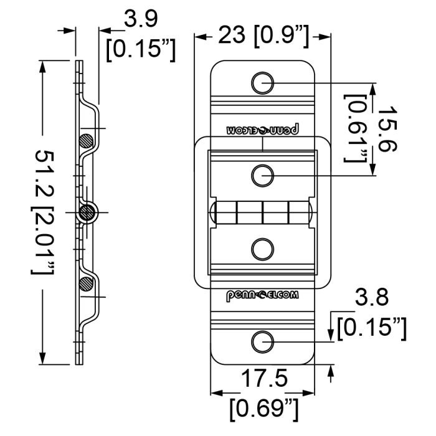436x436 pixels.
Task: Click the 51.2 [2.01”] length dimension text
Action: click(43, 213)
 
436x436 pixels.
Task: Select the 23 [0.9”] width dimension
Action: click(263, 36)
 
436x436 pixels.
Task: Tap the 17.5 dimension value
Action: click(264, 378)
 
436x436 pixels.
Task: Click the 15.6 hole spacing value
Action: click(387, 129)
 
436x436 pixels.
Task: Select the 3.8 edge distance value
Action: click(371, 297)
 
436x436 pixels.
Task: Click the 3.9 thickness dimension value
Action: click(141, 19)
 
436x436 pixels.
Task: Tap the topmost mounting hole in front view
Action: click(262, 83)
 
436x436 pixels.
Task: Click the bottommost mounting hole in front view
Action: click(262, 342)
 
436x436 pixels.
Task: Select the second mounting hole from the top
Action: click(262, 176)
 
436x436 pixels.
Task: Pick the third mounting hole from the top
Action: click(262, 249)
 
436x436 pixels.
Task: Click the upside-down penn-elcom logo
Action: click(262, 130)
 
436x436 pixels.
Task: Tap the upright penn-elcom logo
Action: click(262, 296)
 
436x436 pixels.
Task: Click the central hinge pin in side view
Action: click(87, 213)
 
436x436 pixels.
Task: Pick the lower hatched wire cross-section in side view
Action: click(86, 284)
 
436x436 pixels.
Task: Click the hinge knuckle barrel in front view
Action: click(262, 212)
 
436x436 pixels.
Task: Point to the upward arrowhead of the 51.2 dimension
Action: click(42, 66)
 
